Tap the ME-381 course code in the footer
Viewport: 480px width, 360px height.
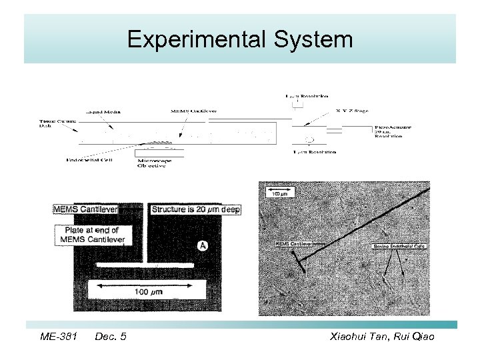[59, 337]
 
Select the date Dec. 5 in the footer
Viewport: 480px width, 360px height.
[111, 337]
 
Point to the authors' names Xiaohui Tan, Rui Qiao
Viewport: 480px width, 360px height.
[382, 337]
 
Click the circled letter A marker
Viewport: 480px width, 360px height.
[203, 246]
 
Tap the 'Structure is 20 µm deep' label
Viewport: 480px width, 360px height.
[195, 209]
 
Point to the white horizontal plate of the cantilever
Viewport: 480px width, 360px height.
[148, 264]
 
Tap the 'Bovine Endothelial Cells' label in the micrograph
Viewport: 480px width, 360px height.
[399, 246]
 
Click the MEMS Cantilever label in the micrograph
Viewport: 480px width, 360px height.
[294, 244]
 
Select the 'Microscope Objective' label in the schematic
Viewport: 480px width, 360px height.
[155, 163]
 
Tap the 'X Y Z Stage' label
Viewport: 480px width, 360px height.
[352, 111]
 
